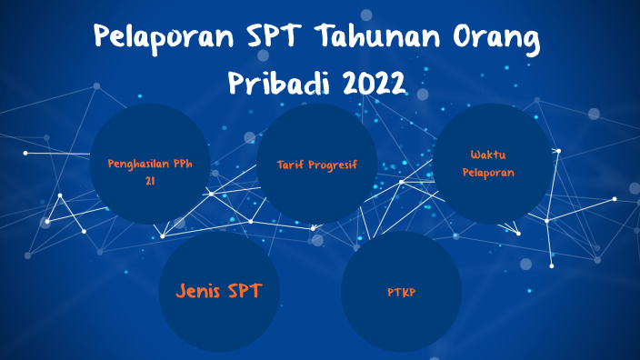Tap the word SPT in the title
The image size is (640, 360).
277,39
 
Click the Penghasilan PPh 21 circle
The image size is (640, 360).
150,164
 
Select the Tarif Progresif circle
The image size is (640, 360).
317,164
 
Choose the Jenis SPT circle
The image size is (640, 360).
219,291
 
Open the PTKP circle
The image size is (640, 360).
401,291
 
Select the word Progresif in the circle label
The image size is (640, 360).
332,165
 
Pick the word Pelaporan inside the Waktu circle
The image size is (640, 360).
488,172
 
